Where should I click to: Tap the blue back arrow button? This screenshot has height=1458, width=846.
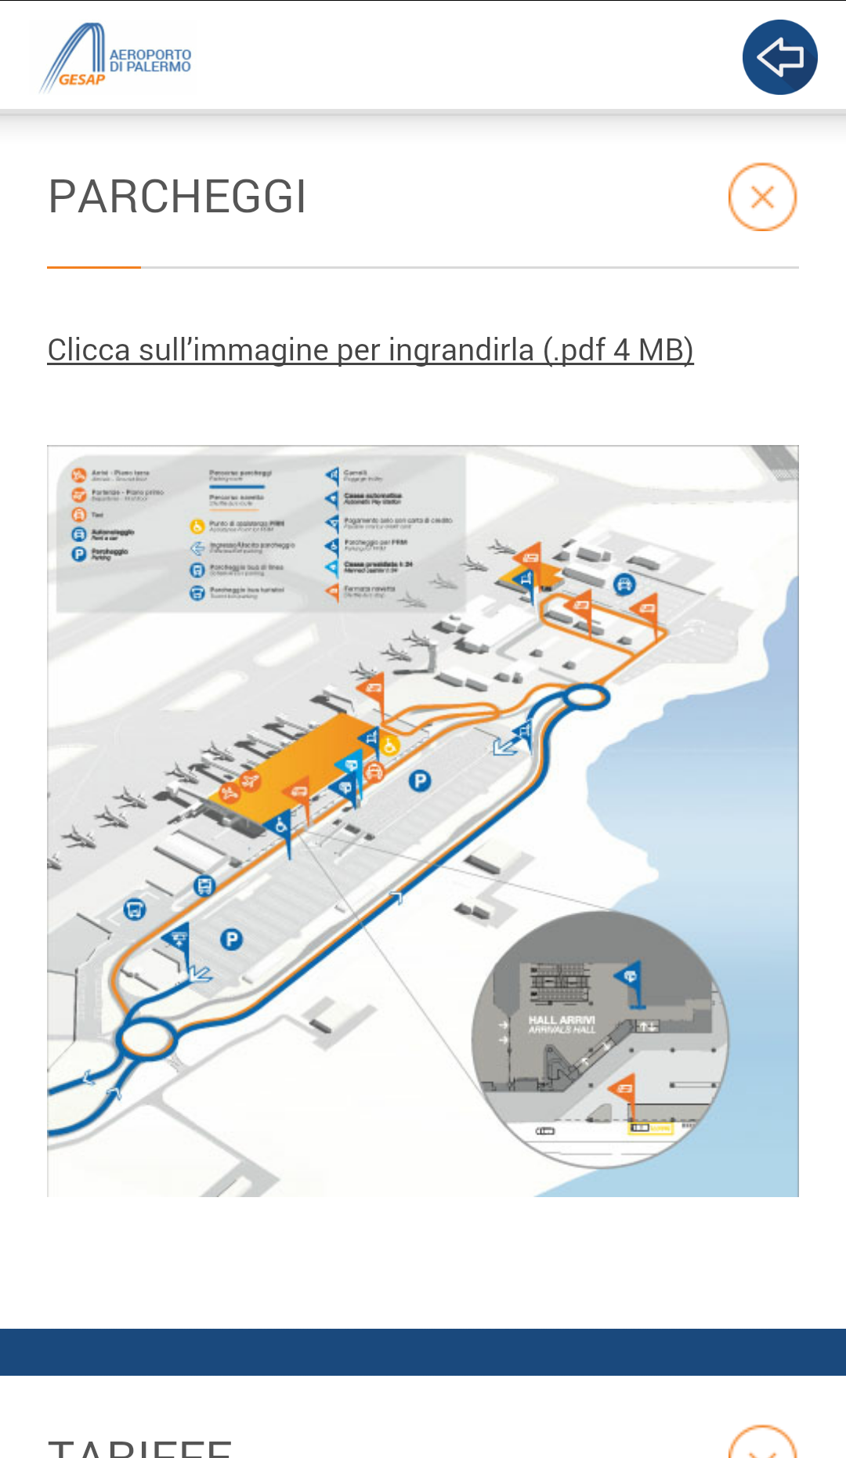[x=779, y=57]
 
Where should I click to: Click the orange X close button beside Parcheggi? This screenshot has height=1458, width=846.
[x=762, y=197]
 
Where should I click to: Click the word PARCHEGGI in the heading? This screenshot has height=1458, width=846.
[x=177, y=197]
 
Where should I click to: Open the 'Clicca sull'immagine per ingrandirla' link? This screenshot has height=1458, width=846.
[x=370, y=349]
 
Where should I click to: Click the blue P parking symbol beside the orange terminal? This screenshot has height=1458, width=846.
[x=420, y=780]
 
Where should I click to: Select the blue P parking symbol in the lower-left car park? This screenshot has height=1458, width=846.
[x=231, y=939]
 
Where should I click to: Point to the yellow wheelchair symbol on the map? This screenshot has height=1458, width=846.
[x=389, y=745]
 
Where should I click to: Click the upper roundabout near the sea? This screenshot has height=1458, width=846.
[x=584, y=696]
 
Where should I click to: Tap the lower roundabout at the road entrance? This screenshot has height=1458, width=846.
[x=146, y=1038]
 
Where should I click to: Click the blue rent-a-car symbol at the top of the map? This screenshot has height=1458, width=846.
[x=624, y=584]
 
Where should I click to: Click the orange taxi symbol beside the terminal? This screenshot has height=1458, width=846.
[x=374, y=771]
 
